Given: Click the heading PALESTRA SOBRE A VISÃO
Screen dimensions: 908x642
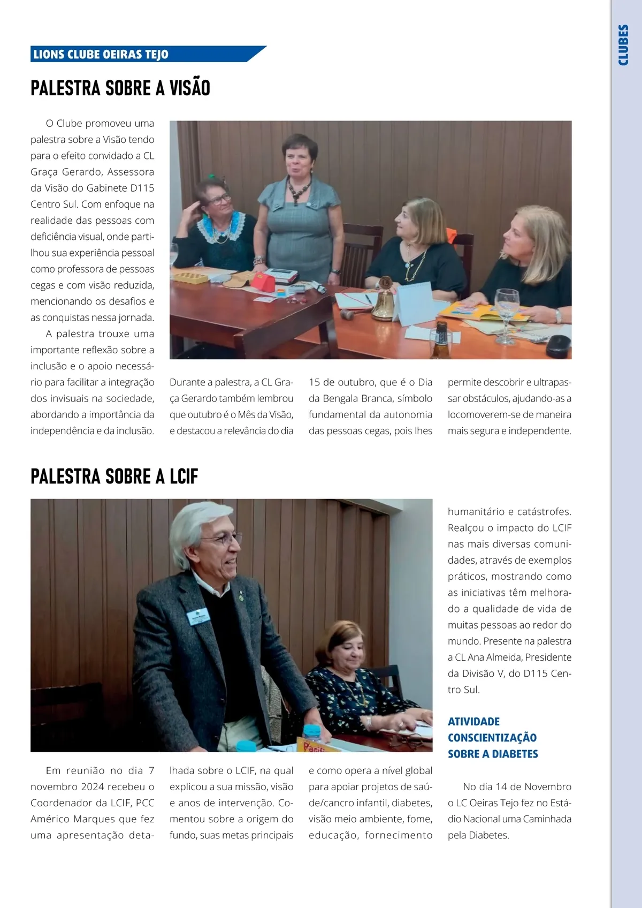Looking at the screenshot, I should coord(120,88).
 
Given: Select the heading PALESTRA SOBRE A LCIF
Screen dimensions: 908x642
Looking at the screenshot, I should coord(114,476).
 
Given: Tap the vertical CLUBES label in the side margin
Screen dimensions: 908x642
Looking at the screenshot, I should coord(623,45).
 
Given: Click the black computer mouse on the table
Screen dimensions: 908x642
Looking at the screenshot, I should coord(557,346).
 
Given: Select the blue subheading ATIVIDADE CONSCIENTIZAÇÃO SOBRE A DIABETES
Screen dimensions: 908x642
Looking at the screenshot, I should coord(492,737).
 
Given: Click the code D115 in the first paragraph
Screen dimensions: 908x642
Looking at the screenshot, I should coord(142,188).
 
